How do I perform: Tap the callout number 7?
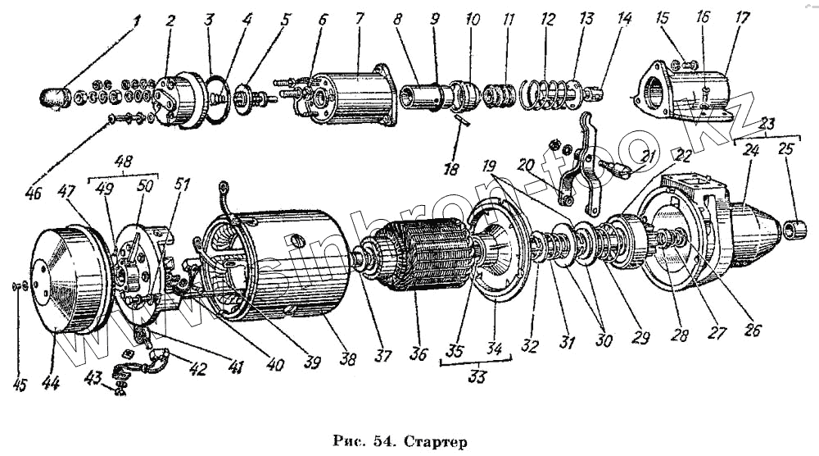coord(359,18)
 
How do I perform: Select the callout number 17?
coord(742,17)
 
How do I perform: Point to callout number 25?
coord(786,151)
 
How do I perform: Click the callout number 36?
coord(418,354)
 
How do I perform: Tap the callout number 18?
coord(450,170)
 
